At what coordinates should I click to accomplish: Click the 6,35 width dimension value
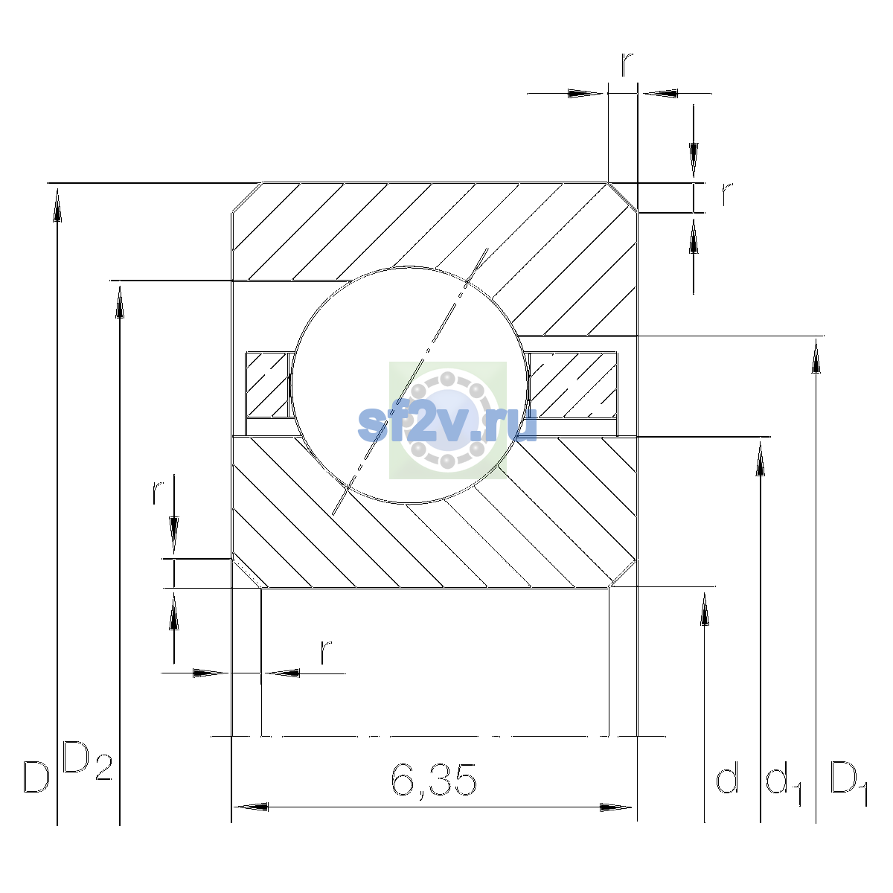434,780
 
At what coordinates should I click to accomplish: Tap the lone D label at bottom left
36,776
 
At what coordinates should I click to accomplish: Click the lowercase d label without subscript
726,776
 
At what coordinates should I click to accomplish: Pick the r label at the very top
627,65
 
